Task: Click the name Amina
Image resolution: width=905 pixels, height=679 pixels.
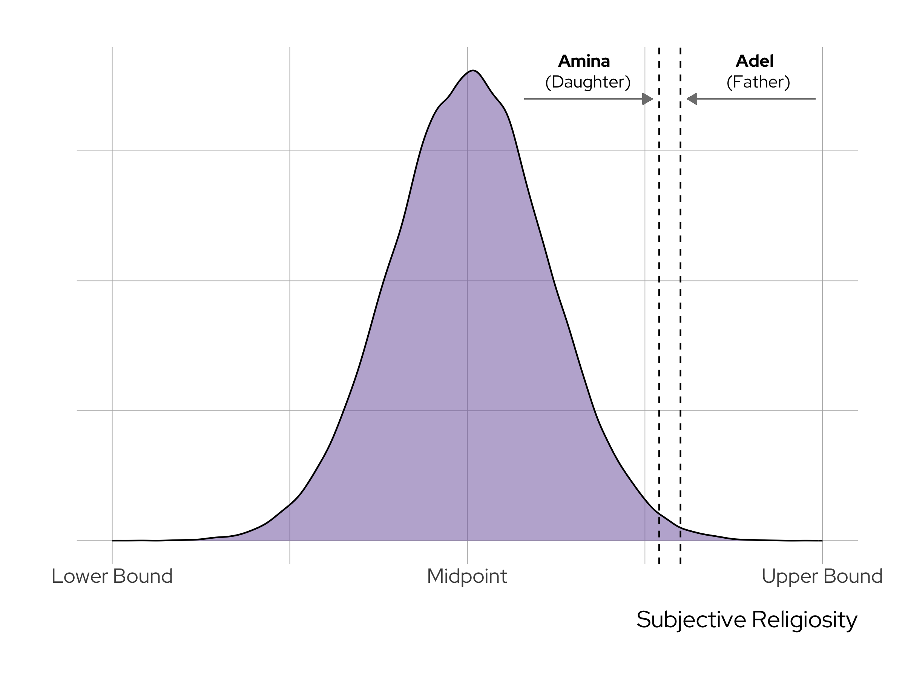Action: [x=584, y=61]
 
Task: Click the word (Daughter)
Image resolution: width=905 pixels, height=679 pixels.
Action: [x=587, y=82]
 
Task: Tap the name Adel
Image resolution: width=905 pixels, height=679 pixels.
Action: [x=755, y=61]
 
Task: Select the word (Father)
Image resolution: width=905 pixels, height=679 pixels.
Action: [x=758, y=82]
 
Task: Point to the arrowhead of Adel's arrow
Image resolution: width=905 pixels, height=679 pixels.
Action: [x=692, y=98]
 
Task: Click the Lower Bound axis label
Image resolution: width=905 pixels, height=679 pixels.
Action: [x=112, y=576]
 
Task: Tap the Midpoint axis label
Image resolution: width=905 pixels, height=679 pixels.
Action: [x=467, y=576]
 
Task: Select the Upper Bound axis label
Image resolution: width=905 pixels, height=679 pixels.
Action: [x=822, y=576]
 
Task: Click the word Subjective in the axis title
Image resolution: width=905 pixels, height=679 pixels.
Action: [x=690, y=620]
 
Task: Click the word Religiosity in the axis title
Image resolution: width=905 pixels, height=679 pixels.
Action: [x=804, y=620]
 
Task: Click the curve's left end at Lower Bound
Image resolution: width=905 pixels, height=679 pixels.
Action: [x=113, y=540]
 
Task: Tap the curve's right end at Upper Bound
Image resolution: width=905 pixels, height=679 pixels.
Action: [x=822, y=540]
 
